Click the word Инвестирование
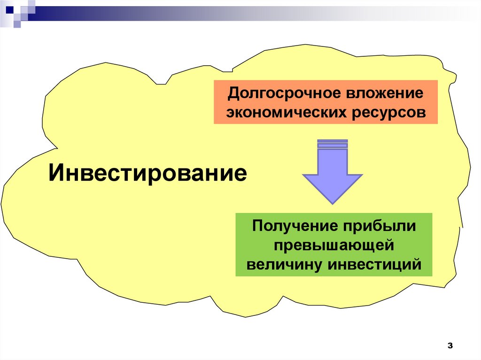[x=148, y=174]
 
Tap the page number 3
[x=450, y=346]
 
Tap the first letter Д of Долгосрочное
[x=233, y=93]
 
